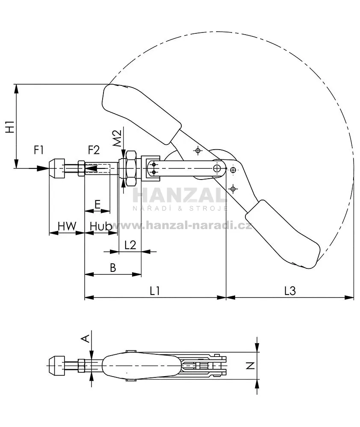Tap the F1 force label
[x=38, y=150]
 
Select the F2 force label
[x=94, y=150]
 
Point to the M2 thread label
[x=117, y=138]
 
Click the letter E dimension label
[x=97, y=204]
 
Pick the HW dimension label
[x=67, y=226]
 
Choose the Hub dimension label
[x=101, y=226]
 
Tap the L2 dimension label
[x=130, y=245]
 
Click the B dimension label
[x=113, y=268]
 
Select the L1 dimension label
[x=155, y=291]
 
